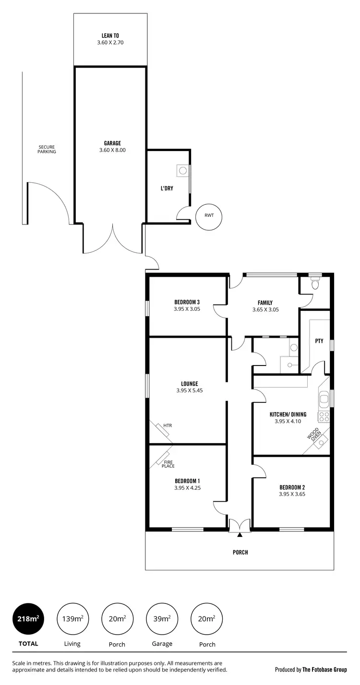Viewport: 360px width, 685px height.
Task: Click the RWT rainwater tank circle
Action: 209,215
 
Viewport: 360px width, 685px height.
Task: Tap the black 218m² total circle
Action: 28,619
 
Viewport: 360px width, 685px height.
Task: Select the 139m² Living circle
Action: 72,619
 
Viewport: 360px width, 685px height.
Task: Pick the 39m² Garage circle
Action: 162,619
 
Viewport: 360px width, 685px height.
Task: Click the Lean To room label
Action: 110,35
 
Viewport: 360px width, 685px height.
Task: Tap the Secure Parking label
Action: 48,149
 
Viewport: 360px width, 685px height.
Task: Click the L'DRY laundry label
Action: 167,189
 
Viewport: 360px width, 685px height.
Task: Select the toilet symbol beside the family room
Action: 315,283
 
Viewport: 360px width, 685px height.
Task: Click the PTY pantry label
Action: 319,341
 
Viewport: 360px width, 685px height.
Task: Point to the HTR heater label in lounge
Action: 168,425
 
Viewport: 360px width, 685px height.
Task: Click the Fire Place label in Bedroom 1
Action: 168,464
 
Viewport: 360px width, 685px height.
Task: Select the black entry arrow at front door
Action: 240,534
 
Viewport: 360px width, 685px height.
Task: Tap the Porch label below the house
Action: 240,553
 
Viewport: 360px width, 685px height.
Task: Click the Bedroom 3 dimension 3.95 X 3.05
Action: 187,309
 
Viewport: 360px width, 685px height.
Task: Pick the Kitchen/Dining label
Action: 288,414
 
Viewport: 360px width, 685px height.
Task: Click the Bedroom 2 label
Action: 292,487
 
